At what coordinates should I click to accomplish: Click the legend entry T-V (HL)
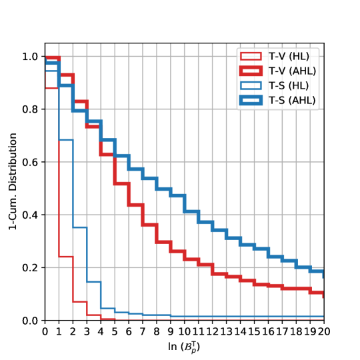292,57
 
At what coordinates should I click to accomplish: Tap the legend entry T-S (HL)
292,86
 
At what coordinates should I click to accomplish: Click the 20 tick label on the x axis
324,331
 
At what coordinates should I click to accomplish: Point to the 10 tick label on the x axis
185,331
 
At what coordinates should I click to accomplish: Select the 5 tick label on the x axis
115,331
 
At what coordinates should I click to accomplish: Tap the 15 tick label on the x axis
255,331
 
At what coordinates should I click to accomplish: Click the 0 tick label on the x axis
45,331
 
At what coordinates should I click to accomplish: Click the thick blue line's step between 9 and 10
177,195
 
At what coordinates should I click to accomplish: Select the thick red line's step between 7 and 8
149,224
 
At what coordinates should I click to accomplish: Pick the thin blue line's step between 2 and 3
79,227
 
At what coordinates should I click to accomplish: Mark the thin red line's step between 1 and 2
65,257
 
